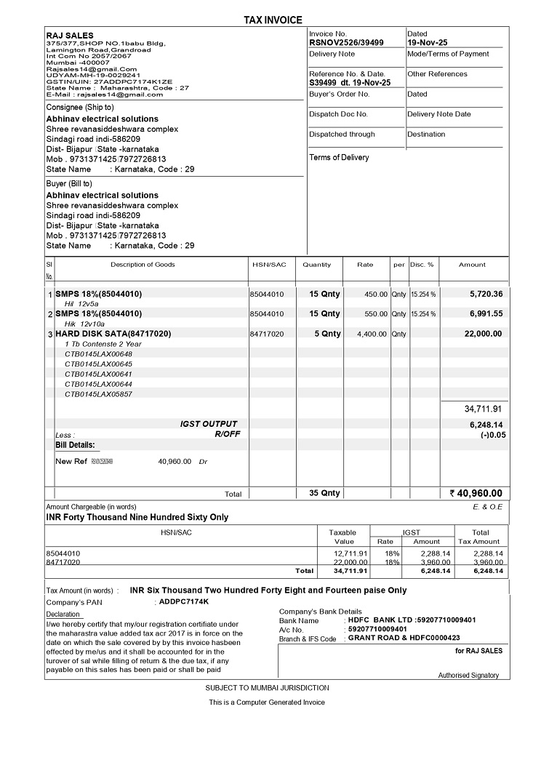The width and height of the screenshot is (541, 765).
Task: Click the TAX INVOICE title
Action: [273, 20]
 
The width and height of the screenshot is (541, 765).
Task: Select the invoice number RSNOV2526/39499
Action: [346, 43]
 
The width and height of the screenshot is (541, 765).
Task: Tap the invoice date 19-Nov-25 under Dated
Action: [428, 43]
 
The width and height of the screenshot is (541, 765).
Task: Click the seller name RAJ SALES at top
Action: [65, 35]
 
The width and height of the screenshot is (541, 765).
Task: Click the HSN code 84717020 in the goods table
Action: [267, 334]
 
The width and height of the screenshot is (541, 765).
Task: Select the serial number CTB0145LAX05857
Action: [98, 394]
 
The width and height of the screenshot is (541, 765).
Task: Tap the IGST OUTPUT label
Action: [209, 424]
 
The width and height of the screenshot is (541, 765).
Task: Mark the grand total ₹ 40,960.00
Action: [476, 493]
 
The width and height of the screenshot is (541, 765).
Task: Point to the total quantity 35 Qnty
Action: [324, 493]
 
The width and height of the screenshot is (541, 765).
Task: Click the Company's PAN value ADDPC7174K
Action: [184, 601]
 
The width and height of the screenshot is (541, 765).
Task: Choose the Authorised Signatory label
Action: [468, 676]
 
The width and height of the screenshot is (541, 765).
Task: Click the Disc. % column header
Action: [422, 265]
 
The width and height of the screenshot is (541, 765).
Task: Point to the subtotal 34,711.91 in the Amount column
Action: [483, 409]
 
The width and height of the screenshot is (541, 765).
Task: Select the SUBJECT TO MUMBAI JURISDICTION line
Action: [267, 688]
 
